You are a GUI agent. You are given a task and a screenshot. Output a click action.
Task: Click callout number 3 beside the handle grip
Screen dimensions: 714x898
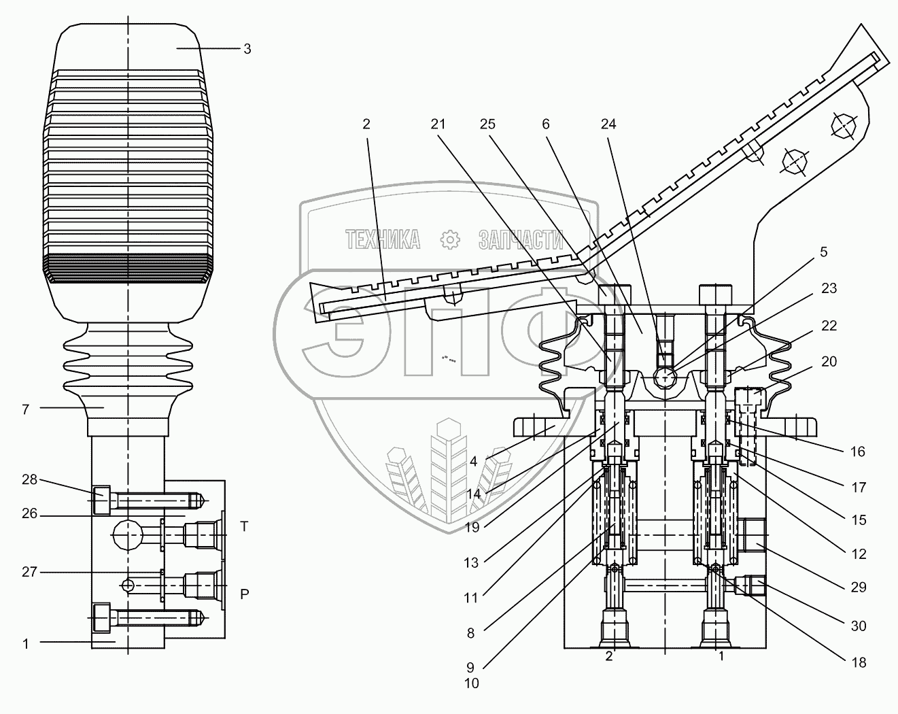247,49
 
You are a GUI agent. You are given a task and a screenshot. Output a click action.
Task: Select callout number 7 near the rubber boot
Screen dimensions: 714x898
25,409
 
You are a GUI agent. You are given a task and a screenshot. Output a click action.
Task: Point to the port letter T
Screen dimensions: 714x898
245,526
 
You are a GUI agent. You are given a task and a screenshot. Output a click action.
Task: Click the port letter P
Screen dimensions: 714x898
245,593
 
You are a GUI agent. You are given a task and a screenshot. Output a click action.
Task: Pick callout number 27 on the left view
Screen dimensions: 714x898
28,572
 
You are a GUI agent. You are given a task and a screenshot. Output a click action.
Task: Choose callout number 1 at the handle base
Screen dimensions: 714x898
26,643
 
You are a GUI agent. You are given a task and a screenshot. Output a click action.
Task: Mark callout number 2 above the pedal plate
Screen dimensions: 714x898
366,124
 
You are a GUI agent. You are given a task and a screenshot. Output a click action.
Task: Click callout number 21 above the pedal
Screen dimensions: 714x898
438,124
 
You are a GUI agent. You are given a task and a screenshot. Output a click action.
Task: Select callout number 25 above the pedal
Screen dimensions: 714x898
487,124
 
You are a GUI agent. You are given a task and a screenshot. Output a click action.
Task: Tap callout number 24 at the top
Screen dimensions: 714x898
608,124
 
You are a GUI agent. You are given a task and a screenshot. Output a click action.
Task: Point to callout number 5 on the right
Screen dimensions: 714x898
823,252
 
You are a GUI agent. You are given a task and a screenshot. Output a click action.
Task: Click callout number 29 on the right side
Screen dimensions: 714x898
859,587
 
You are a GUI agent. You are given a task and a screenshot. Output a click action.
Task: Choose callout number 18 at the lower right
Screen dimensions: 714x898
859,662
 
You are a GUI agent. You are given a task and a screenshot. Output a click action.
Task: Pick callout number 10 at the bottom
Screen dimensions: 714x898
471,683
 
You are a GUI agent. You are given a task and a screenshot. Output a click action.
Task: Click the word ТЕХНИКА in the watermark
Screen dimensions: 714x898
382,239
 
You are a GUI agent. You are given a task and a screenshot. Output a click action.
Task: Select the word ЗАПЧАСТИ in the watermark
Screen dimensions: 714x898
521,239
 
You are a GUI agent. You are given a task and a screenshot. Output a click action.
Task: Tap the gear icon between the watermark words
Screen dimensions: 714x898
449,239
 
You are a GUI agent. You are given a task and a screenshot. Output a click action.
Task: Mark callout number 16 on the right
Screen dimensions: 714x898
858,452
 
